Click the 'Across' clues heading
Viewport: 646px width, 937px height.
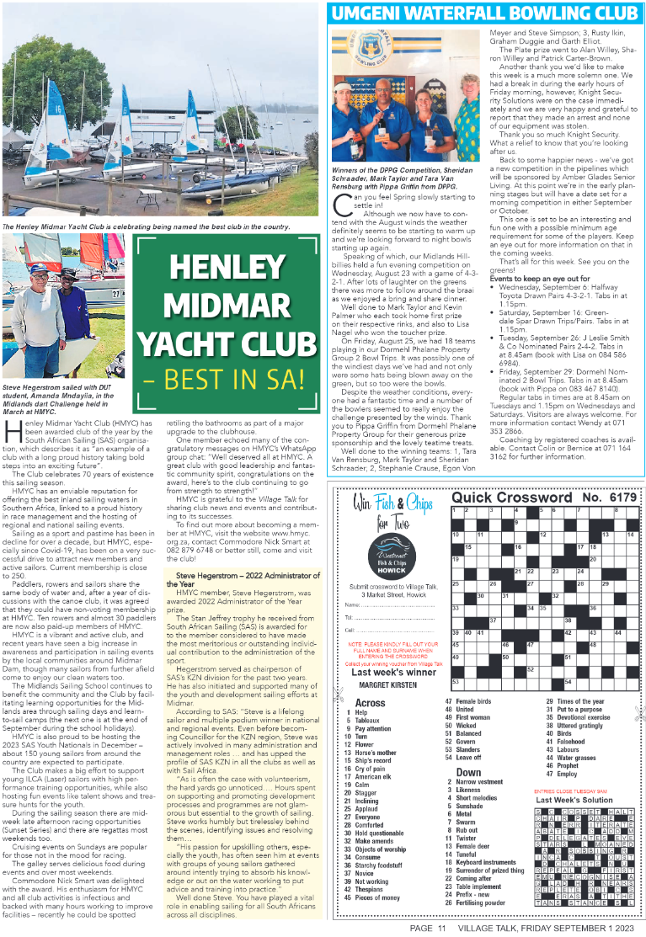click(x=370, y=702)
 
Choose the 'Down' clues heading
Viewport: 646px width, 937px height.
click(x=468, y=771)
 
